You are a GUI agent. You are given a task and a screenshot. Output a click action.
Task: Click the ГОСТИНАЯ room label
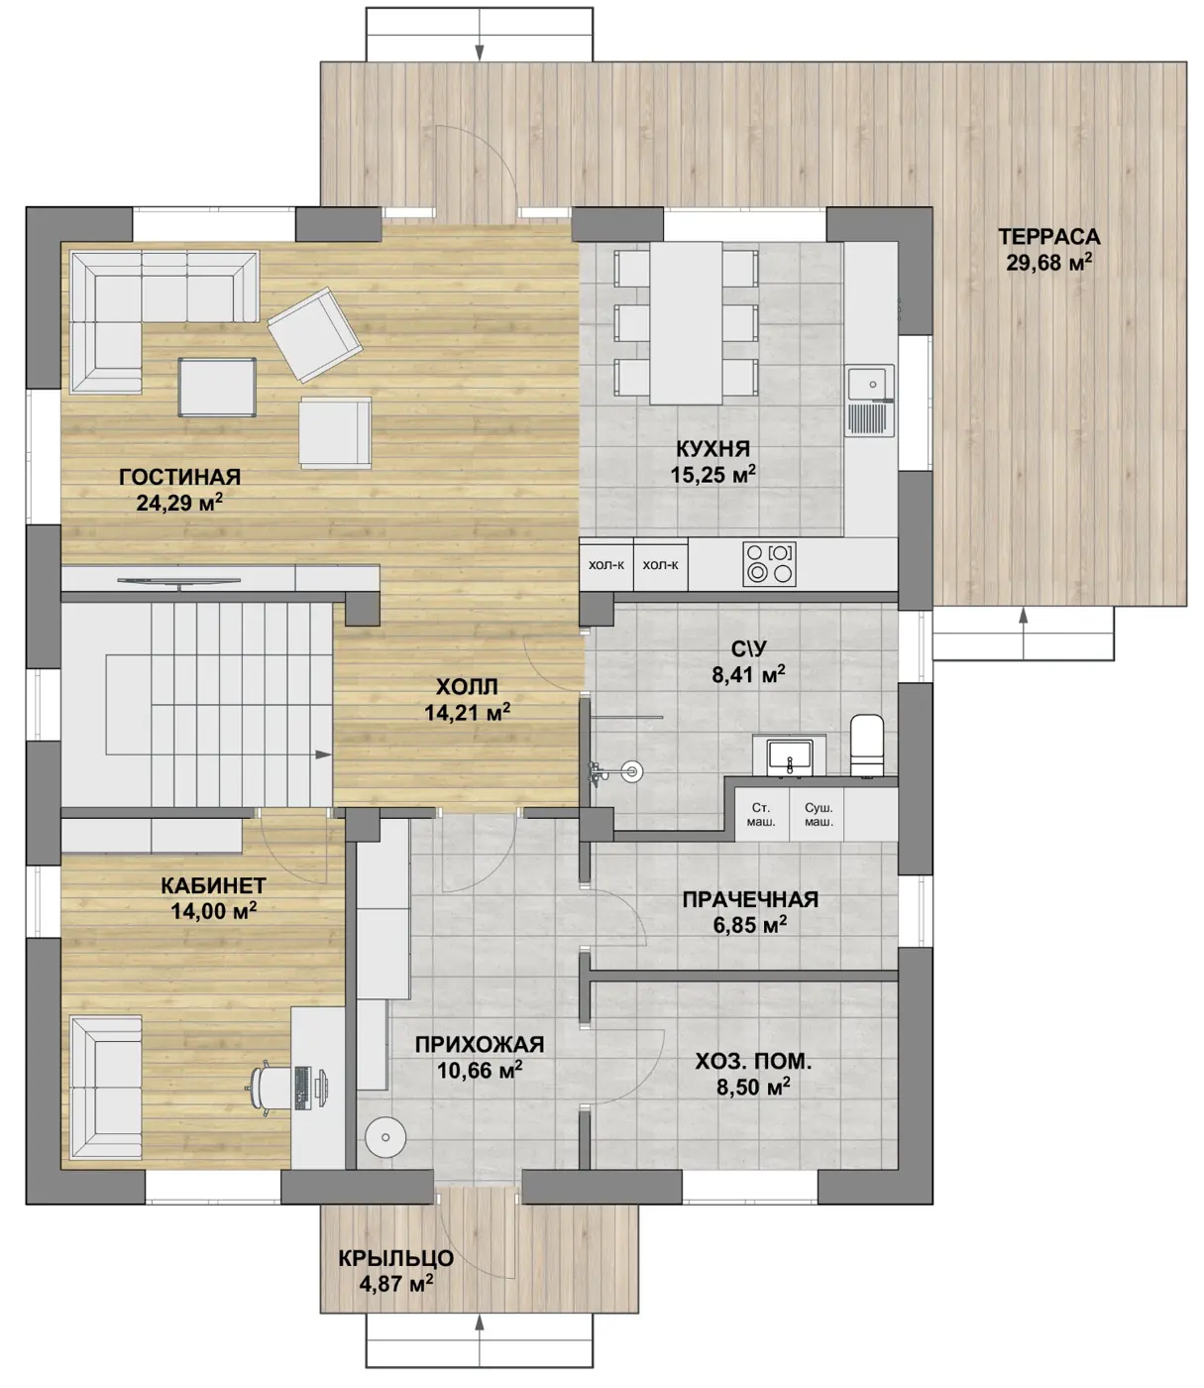179,476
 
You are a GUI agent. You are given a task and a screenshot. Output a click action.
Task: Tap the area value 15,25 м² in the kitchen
712,474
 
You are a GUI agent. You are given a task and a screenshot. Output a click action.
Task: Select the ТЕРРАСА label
1048,237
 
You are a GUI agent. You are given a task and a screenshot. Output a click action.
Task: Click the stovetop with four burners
769,563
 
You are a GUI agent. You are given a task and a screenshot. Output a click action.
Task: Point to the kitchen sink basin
870,384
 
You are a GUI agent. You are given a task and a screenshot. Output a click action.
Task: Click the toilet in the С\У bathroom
867,745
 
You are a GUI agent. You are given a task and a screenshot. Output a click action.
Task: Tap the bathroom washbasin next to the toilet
789,756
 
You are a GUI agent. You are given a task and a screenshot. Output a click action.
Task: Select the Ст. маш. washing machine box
761,814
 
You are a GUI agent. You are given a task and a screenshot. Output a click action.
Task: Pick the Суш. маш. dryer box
819,814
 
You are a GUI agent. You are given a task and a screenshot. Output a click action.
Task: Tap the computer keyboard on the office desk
301,1089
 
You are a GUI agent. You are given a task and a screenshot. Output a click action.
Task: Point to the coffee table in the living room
217,387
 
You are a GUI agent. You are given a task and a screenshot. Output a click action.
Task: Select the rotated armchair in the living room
314,334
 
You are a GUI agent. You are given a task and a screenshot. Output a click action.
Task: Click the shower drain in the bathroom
632,771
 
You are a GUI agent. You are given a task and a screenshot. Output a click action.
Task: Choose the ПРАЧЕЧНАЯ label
750,899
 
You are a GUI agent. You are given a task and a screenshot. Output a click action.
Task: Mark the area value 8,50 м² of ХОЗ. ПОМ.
753,1087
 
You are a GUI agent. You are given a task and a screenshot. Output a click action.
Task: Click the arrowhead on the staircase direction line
324,754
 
